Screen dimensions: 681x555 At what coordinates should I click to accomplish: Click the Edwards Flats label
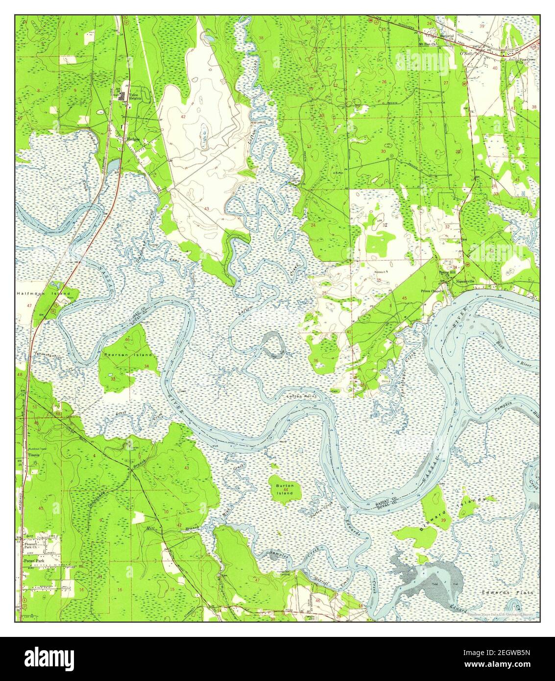514,592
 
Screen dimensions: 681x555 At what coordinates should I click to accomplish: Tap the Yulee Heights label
135,96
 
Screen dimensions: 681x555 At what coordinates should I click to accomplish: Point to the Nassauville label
465,282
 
